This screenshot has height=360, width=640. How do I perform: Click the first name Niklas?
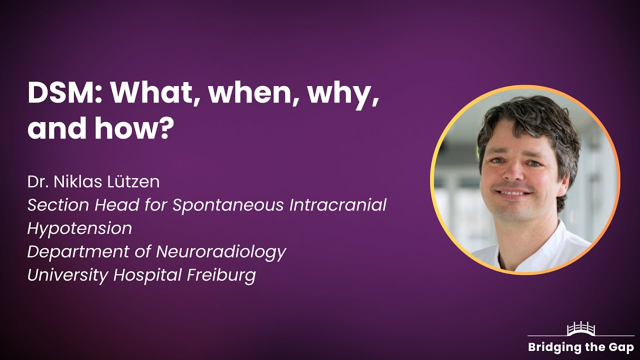click(x=76, y=181)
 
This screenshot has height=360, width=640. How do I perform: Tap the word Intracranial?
click(x=338, y=204)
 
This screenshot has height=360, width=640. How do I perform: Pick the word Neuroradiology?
click(x=221, y=251)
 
